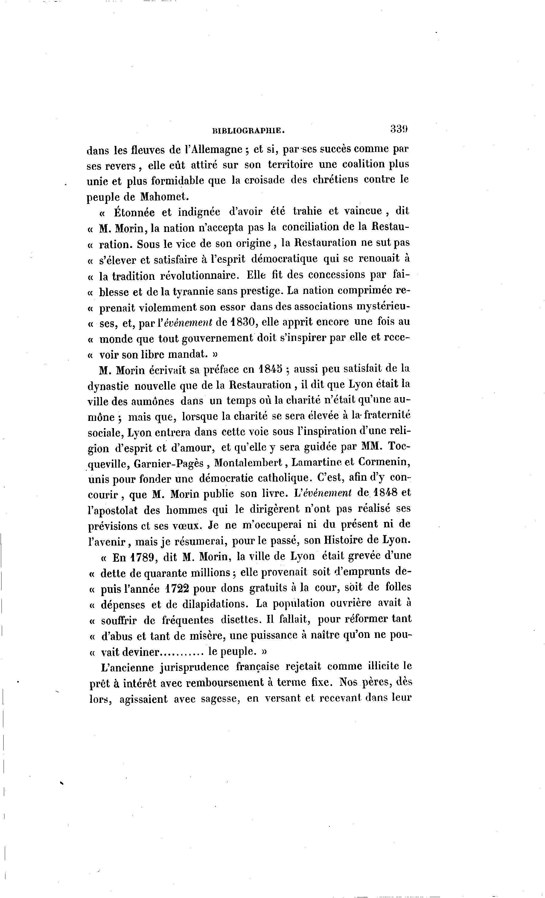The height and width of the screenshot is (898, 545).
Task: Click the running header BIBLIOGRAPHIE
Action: pos(248,130)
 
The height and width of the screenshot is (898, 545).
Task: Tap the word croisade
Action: pos(258,180)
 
